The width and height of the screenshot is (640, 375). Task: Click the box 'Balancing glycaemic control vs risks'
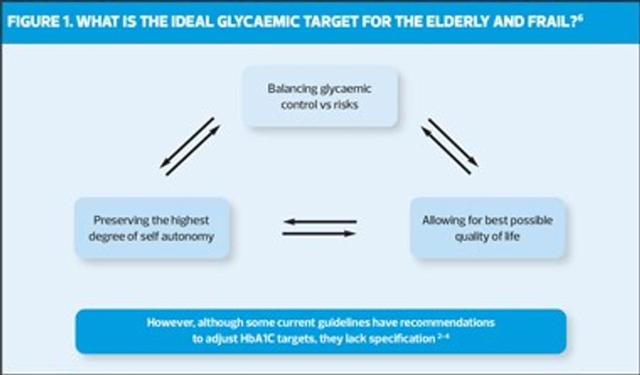tap(320, 96)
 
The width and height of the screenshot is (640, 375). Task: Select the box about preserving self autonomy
tap(152, 228)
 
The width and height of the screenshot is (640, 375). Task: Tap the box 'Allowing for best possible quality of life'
tap(487, 228)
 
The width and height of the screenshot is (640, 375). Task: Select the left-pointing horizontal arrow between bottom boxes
tap(320, 221)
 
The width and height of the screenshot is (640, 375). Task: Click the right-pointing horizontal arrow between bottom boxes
tap(320, 233)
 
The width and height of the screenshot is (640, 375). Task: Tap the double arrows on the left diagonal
tap(189, 146)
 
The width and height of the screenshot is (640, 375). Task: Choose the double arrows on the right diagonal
tap(449, 146)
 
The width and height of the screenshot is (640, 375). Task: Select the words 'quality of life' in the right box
tap(487, 236)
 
